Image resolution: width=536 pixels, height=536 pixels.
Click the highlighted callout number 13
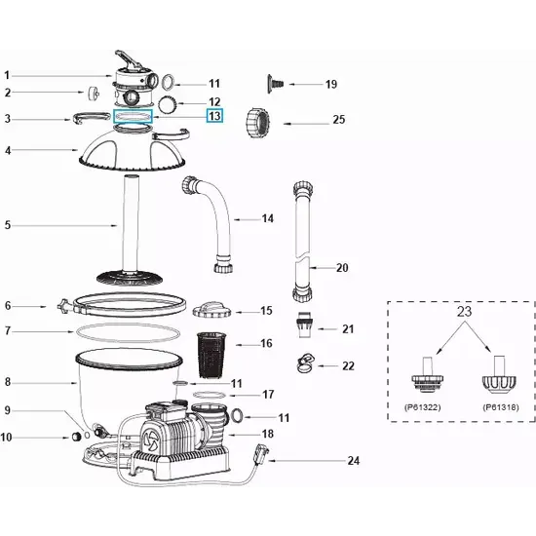(214, 116)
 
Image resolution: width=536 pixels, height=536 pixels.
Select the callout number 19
(330, 85)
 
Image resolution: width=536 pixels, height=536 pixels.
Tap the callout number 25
(338, 121)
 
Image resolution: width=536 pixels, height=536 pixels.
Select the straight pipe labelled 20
(300, 244)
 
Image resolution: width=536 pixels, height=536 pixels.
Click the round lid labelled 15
(211, 310)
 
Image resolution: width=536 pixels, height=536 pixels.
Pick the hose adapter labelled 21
(302, 325)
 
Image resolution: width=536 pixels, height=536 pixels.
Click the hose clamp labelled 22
(303, 364)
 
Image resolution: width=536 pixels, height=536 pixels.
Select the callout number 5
(8, 225)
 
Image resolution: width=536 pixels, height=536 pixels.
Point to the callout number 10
(8, 438)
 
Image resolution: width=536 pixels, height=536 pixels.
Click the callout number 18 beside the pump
(267, 434)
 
